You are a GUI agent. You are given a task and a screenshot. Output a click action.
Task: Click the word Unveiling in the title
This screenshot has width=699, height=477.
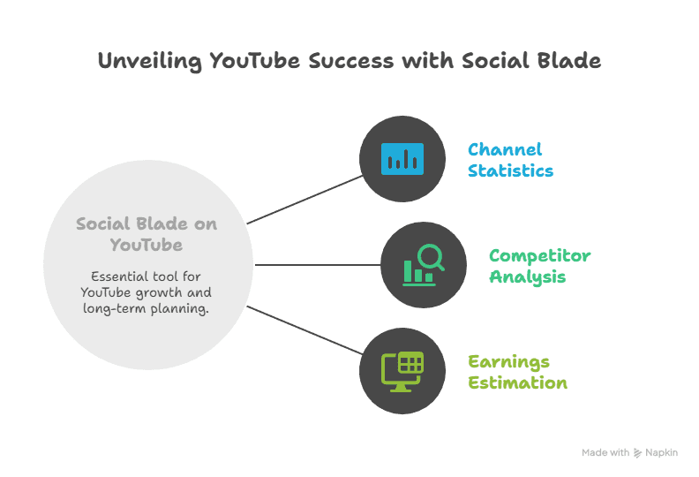[x=150, y=61]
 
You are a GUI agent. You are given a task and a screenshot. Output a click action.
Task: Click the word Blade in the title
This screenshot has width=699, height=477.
[x=570, y=61]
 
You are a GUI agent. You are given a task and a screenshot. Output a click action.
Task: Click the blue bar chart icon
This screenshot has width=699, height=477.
[x=402, y=158]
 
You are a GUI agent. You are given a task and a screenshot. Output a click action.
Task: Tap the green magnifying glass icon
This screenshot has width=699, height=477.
[x=423, y=264]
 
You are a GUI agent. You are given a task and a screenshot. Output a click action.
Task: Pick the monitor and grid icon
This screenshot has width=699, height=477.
[x=402, y=370]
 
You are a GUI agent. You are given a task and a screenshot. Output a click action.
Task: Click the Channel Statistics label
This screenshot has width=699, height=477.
[x=510, y=160]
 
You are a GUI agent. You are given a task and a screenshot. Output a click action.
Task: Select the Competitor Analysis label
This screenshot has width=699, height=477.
[x=539, y=266]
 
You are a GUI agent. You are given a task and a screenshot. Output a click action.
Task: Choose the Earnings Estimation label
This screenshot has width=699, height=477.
[x=517, y=372]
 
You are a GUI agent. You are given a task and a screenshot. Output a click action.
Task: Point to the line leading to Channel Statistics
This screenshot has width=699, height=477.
[x=304, y=199]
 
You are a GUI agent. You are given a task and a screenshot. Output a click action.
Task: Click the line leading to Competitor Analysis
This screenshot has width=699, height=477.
[x=317, y=264]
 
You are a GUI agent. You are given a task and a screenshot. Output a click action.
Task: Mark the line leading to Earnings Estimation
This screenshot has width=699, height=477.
[x=304, y=329]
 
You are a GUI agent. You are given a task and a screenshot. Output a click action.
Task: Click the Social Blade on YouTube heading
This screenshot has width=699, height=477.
[x=146, y=233]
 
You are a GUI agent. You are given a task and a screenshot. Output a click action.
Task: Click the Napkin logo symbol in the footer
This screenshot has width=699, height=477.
[x=638, y=452]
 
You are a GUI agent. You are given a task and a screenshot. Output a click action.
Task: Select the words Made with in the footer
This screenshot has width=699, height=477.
[x=605, y=452]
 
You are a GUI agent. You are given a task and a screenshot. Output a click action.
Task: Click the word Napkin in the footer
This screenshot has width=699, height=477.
[x=661, y=452]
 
